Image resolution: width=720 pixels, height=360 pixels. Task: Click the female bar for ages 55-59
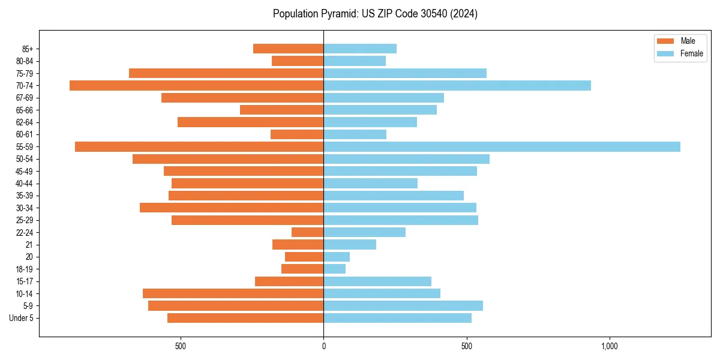502,147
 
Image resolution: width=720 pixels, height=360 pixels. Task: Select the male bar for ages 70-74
196,86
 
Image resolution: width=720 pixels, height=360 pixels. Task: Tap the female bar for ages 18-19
335,269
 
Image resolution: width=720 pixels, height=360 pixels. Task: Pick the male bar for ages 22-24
308,232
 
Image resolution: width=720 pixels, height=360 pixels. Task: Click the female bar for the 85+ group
360,49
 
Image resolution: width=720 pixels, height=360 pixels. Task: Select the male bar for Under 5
245,318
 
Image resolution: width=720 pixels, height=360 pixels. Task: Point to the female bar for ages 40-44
370,184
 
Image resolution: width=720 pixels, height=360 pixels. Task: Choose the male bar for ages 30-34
232,208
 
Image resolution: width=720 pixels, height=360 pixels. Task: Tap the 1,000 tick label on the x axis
609,346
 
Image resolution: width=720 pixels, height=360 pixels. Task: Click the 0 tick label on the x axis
323,346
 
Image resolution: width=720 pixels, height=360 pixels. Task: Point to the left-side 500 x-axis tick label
181,346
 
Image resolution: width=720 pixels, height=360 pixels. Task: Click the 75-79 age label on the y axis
25,73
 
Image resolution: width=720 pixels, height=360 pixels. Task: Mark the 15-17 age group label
25,281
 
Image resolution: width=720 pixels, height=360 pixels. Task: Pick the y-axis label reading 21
29,245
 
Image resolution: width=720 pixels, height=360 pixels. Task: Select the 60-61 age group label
25,134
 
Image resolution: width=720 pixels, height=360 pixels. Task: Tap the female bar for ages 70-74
457,86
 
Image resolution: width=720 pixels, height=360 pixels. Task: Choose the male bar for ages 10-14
233,293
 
